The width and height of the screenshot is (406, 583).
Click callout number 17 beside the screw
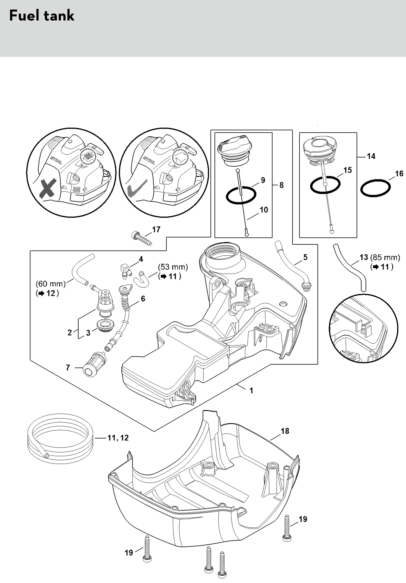pos(156,229)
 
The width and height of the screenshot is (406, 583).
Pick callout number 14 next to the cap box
pos(371,156)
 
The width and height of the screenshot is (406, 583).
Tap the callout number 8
pos(281,185)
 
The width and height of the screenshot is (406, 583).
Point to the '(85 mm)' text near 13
pos(385,257)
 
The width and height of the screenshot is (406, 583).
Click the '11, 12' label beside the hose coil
pos(118,438)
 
